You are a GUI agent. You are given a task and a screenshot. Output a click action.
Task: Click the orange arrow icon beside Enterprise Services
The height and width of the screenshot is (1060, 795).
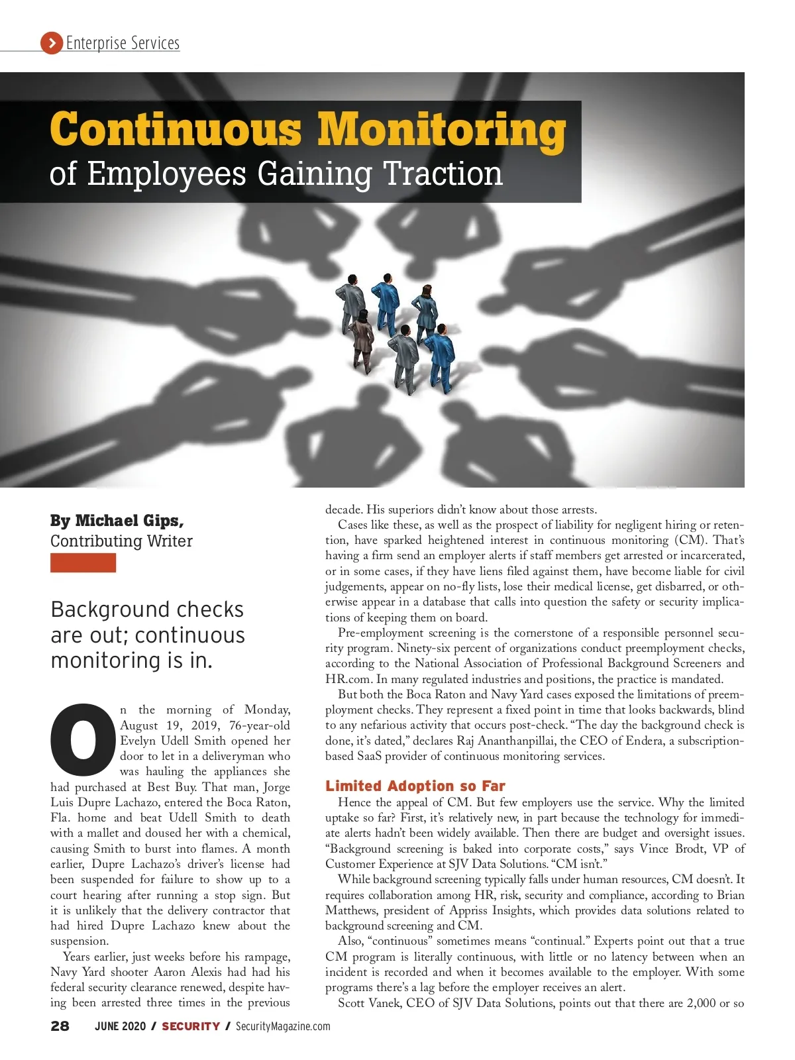[x=51, y=44]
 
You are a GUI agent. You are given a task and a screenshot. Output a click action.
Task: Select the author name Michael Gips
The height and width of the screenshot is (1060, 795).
[x=129, y=521]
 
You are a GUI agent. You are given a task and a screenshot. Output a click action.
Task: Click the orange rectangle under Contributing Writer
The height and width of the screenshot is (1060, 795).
[x=83, y=563]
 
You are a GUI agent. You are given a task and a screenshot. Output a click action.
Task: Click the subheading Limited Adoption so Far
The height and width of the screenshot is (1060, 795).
[x=415, y=786]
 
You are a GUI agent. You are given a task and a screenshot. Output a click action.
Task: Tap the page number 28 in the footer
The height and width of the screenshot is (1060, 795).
[x=60, y=1026]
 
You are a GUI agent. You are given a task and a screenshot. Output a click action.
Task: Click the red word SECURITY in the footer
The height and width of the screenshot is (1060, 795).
[x=191, y=1026]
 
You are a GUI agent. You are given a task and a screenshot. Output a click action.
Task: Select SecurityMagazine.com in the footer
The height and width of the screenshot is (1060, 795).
[x=282, y=1026]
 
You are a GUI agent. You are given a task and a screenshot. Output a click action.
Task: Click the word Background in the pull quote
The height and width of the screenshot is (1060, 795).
[x=102, y=609]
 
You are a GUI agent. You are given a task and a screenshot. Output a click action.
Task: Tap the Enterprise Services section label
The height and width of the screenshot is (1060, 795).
[x=123, y=44]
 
